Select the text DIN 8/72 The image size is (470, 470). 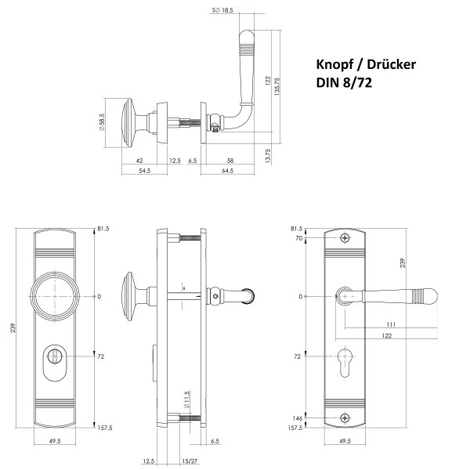[x=344, y=83]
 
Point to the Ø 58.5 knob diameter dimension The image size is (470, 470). [x=101, y=122]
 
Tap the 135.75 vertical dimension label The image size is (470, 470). [x=277, y=86]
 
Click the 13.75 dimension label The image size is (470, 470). [x=268, y=156]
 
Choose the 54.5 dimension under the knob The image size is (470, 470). [x=144, y=171]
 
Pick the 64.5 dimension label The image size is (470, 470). [x=227, y=171]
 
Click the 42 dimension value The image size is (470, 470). [x=139, y=161]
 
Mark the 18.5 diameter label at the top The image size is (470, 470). [x=227, y=10]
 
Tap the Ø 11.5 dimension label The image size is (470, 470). [x=186, y=399]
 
